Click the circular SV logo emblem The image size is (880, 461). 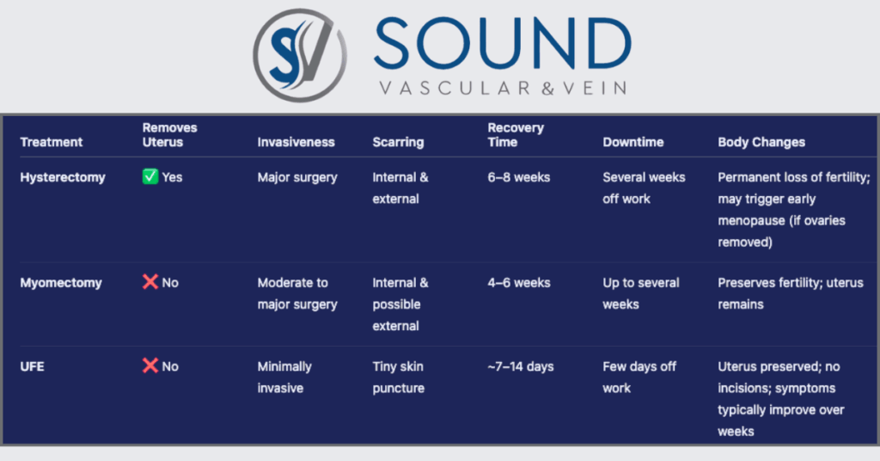300,55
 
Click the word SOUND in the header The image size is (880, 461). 503,45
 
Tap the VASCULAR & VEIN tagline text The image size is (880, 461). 503,88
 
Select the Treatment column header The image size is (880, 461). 51,142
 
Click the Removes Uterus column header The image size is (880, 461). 169,135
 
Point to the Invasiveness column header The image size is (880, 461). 296,142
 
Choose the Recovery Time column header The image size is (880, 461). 516,135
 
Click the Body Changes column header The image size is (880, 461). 761,142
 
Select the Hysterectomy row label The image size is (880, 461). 63,177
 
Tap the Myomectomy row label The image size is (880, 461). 61,282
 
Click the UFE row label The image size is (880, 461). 32,366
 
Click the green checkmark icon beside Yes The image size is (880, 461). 150,176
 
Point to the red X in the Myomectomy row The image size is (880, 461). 150,281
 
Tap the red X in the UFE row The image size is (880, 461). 150,366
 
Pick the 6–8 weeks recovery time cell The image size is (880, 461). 518,177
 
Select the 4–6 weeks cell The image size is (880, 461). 518,282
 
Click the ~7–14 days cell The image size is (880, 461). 520,366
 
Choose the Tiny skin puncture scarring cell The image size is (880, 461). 399,378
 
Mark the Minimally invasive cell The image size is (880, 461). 284,378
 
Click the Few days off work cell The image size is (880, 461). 639,378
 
